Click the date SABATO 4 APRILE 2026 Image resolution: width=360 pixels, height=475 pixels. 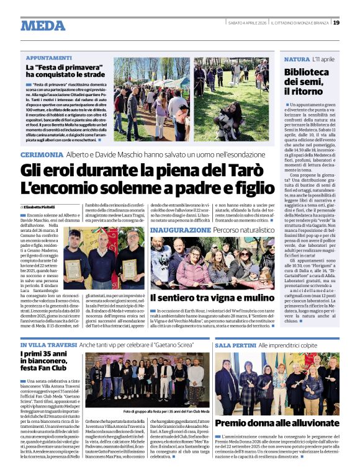coord(247,23)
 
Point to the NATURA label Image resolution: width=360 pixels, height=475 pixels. coord(296,59)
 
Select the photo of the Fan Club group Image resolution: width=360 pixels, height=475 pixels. coord(146,379)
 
